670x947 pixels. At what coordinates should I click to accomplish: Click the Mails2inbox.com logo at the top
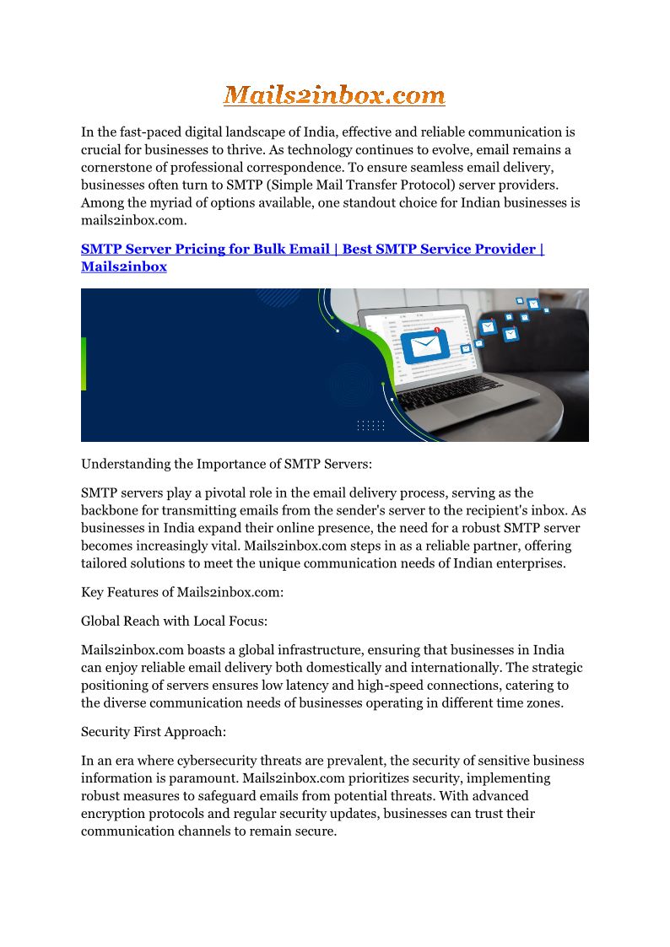[334, 95]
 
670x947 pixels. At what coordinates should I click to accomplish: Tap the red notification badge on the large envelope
[437, 331]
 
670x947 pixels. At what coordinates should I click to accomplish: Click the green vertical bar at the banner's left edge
[84, 363]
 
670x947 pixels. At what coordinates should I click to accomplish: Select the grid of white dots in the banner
[370, 425]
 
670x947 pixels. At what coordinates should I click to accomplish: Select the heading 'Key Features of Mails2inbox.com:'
[182, 592]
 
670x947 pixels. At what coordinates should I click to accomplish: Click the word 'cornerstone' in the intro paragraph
[117, 168]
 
